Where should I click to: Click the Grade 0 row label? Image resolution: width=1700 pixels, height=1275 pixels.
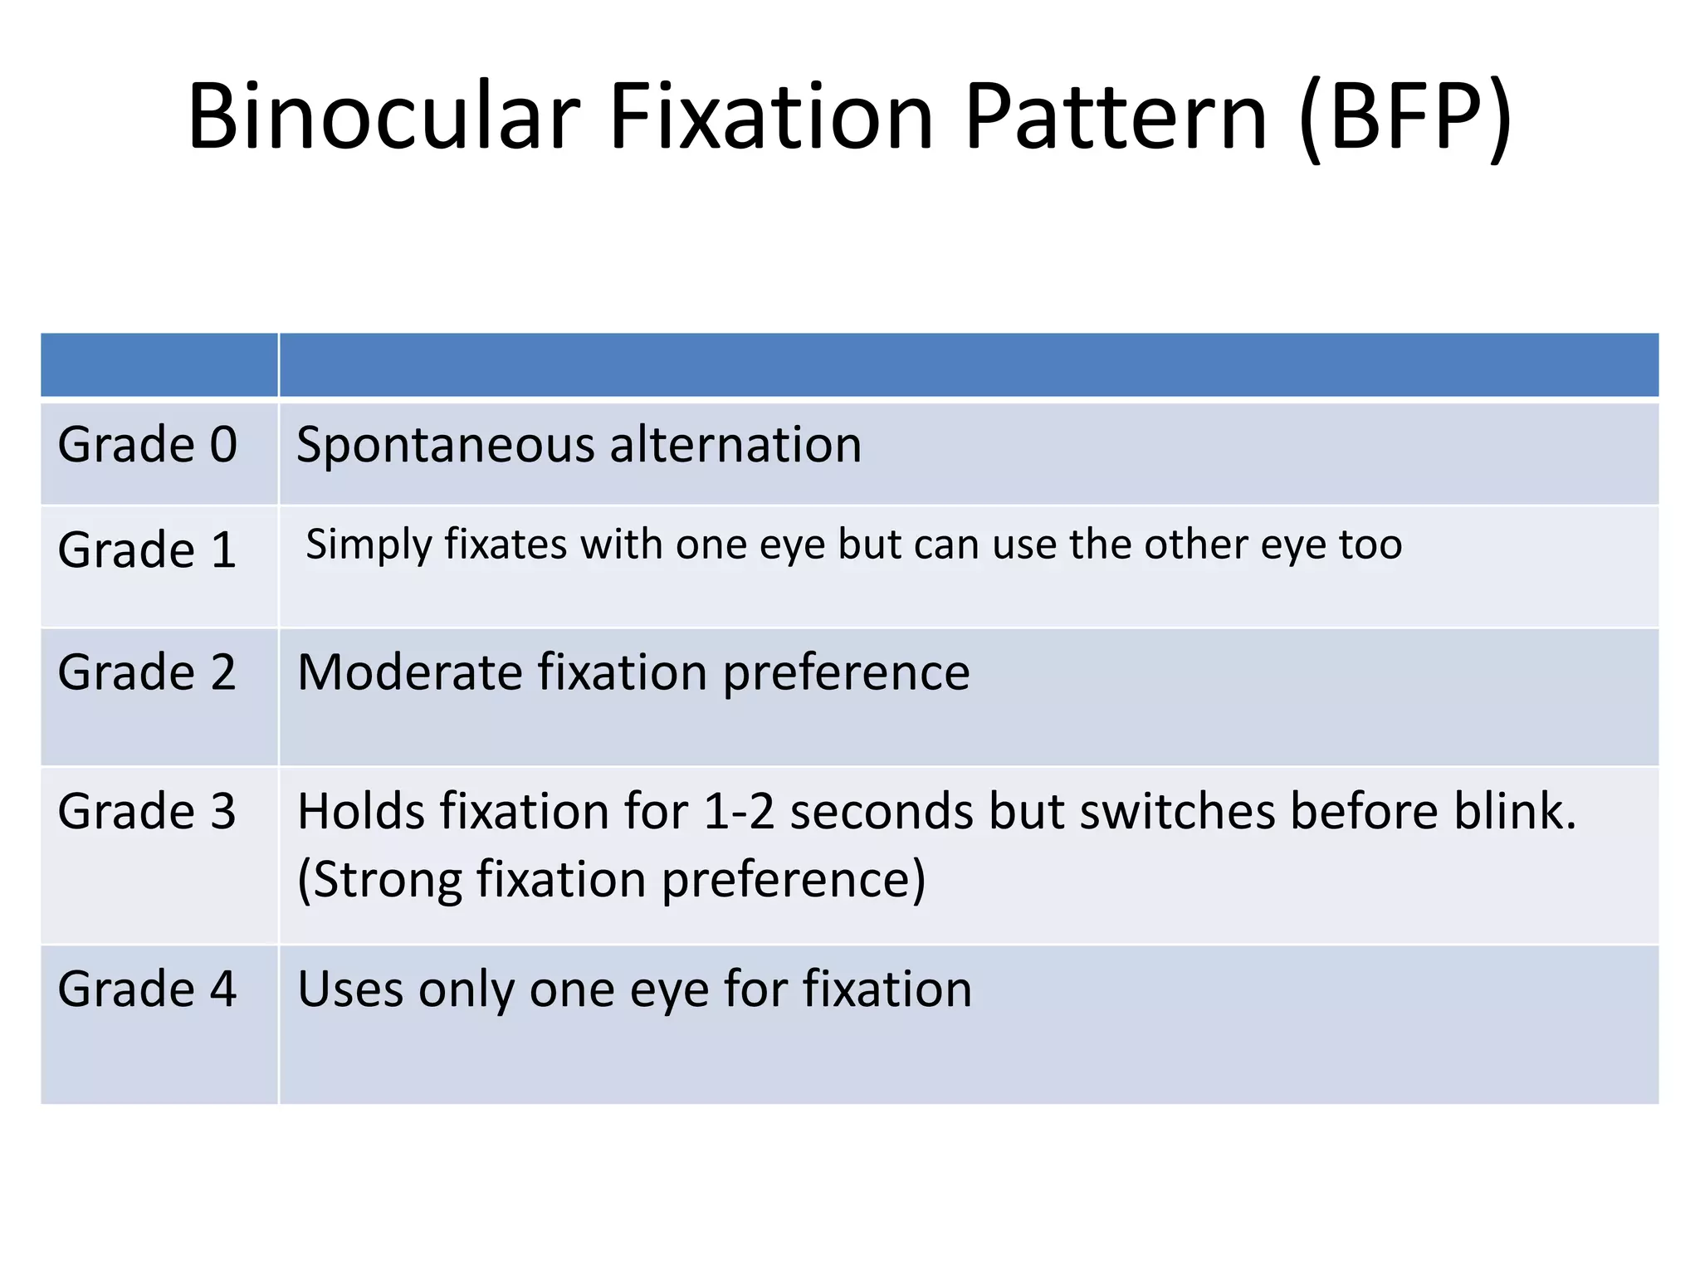(x=148, y=445)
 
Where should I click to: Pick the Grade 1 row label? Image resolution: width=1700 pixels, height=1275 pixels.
(x=148, y=550)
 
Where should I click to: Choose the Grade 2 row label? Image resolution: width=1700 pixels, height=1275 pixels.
(x=148, y=672)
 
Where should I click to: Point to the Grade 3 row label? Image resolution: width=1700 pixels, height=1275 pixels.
(x=148, y=811)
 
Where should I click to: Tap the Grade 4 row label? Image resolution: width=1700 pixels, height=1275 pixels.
(x=148, y=989)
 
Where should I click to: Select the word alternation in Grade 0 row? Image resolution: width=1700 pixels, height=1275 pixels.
(x=735, y=445)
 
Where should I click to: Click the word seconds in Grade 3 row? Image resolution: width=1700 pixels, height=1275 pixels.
(x=881, y=811)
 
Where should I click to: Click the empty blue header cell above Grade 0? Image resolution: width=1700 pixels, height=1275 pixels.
(x=159, y=365)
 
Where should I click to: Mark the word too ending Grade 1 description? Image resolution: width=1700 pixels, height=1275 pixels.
(x=1370, y=545)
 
